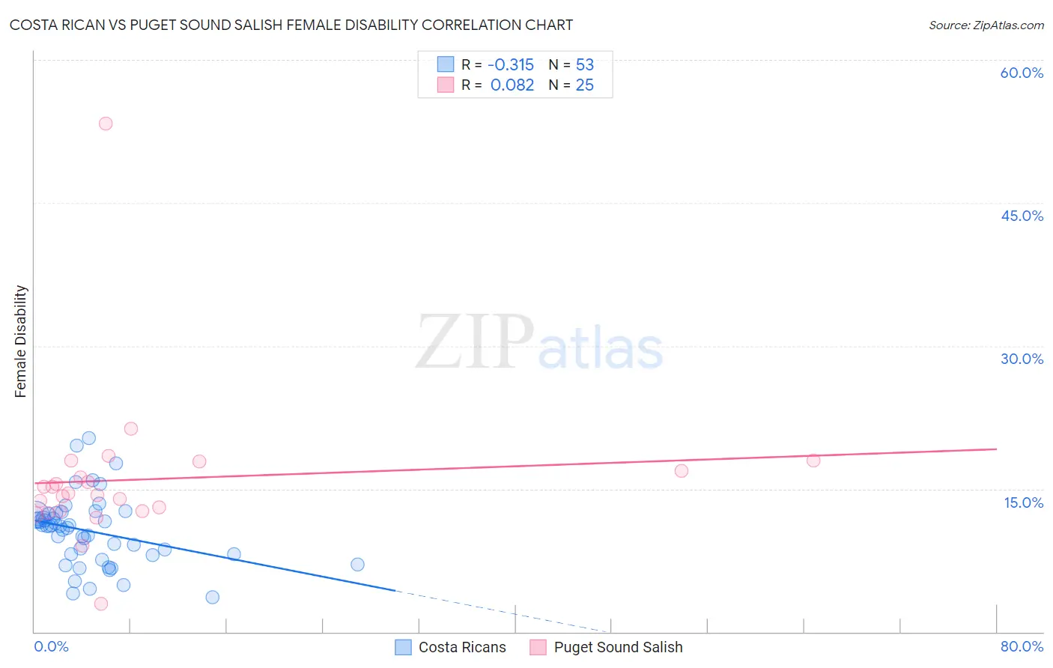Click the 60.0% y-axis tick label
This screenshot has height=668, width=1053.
pos(1022,73)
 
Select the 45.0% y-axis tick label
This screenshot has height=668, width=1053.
pos(1022,216)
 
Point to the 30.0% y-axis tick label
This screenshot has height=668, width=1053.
pos(1022,359)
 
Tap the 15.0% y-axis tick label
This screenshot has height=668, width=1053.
pos(1023,502)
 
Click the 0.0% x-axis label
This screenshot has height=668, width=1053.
pos(51,647)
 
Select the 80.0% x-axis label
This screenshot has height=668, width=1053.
pos(1022,647)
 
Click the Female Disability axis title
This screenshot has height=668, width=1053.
pos(21,341)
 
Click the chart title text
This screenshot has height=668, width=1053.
pos(291,25)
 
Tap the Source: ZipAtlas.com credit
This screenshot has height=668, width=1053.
pos(986,25)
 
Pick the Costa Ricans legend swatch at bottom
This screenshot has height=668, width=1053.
pos(403,648)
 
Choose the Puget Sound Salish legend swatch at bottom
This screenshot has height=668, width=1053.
pos(538,648)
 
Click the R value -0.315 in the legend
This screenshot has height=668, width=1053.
pos(511,65)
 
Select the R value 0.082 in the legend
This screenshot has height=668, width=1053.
pos(512,85)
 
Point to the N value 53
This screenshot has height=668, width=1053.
pos(584,65)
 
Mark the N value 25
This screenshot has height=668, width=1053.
pos(584,85)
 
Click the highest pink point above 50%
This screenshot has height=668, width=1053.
pos(106,124)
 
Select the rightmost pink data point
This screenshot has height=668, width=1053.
pos(813,461)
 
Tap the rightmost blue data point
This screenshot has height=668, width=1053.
pos(357,565)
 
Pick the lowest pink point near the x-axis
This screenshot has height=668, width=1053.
pos(101,604)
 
